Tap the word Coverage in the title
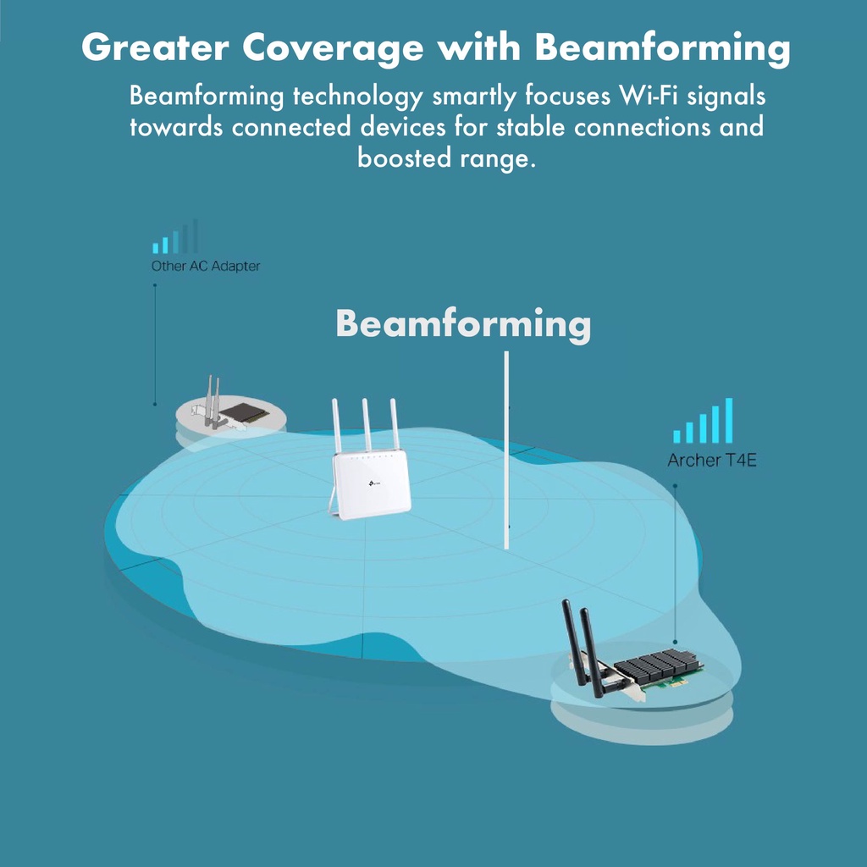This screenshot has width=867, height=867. point(331,48)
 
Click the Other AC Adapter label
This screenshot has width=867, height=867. point(206,266)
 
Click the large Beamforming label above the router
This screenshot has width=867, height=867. point(463,324)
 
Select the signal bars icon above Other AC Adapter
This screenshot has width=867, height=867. point(175,237)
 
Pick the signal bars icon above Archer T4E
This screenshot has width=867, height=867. point(703,422)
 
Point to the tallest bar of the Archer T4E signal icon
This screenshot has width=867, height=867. point(728,421)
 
